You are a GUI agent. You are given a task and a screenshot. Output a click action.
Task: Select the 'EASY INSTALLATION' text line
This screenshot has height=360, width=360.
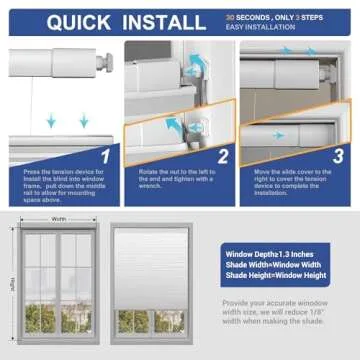(x=262, y=27)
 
